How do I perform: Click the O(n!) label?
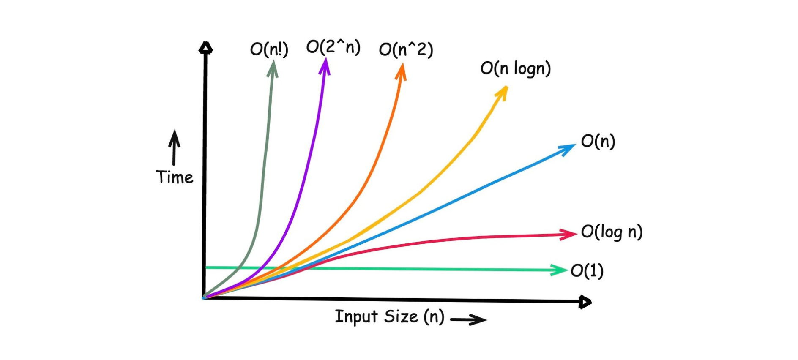(269, 50)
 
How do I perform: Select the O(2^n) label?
(333, 47)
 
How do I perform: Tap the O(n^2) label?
(406, 50)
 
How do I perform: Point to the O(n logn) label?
(515, 68)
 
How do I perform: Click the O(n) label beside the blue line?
(598, 141)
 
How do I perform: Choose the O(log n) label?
(611, 232)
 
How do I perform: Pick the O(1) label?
(587, 271)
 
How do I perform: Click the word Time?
(174, 177)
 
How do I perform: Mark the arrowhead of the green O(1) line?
(559, 270)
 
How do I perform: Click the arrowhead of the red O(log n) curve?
(568, 234)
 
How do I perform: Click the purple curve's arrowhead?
(325, 66)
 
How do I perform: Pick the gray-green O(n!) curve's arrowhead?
(273, 68)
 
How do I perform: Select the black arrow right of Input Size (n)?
(469, 320)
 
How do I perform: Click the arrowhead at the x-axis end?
(585, 302)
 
